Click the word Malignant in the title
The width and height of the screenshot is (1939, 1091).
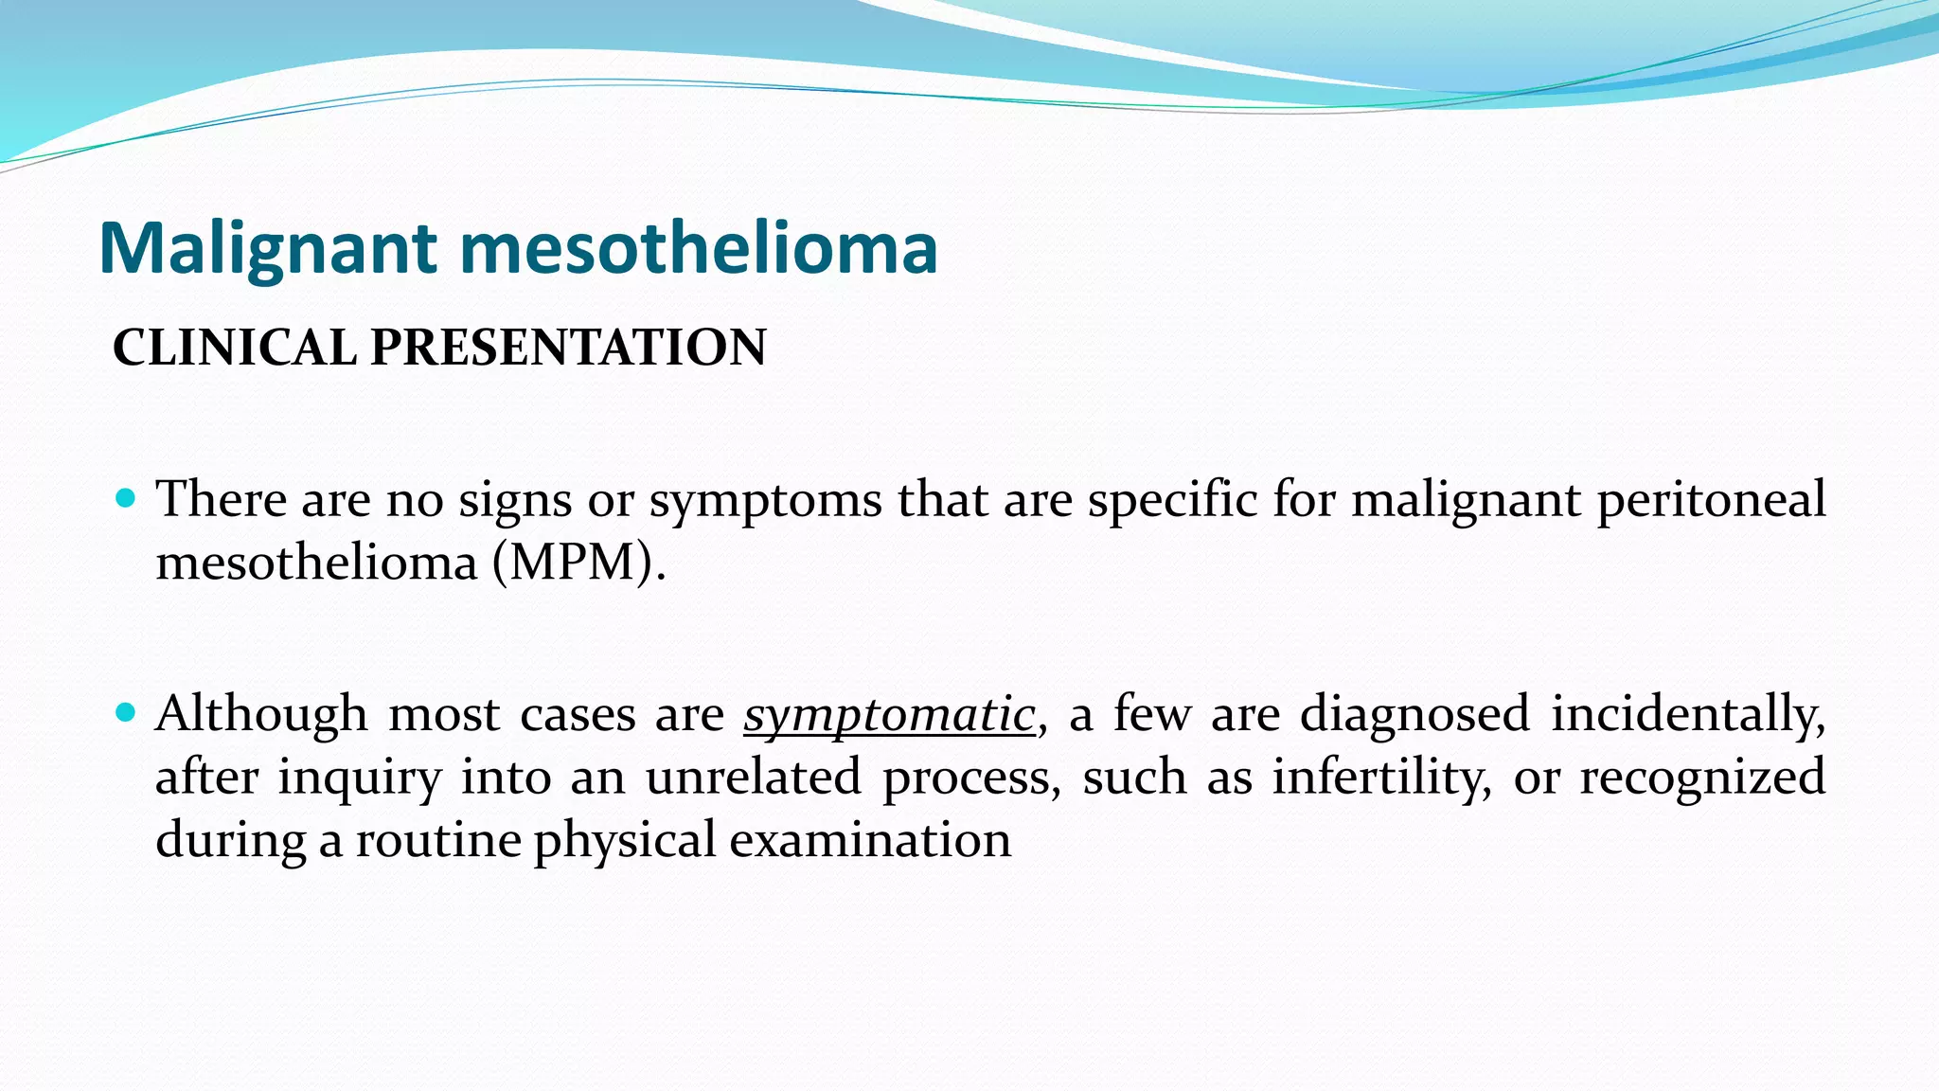tap(268, 248)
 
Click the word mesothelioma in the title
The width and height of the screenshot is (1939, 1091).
tap(699, 248)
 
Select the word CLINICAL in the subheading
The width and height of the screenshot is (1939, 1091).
tap(234, 348)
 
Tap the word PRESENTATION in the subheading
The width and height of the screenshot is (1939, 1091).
tap(568, 348)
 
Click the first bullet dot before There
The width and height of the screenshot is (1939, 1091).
tap(125, 497)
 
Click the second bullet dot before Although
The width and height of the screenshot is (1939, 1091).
tap(125, 711)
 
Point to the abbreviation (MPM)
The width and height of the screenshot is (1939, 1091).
tap(578, 563)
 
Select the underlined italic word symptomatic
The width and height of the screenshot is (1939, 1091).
tap(889, 714)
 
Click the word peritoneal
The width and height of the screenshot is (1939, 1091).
tap(1712, 500)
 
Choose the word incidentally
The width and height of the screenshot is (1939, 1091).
tap(1688, 714)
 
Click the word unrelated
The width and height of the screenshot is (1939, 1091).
tap(754, 777)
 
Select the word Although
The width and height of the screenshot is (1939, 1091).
tap(261, 714)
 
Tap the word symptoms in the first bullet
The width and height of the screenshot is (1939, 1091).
tap(765, 500)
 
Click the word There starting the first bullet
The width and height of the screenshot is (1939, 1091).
tap(222, 500)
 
